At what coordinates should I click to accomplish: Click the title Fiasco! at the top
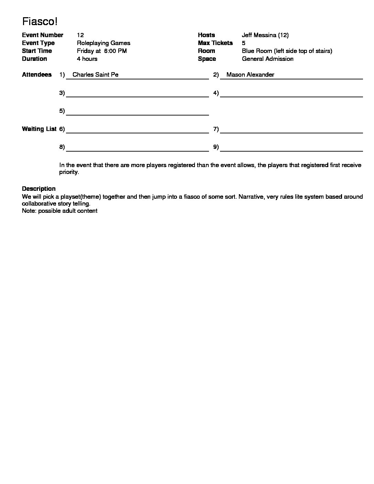(x=40, y=22)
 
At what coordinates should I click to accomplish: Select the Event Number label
(x=42, y=35)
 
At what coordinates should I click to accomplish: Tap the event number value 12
(x=80, y=35)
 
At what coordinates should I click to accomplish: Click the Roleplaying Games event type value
(x=103, y=43)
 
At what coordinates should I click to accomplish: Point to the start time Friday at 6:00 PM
(x=102, y=51)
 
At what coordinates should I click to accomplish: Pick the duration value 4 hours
(x=87, y=59)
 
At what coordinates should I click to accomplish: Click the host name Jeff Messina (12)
(x=265, y=35)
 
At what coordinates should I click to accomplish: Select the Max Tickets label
(x=215, y=43)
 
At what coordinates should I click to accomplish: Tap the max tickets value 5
(x=244, y=43)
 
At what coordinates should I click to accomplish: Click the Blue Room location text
(x=287, y=51)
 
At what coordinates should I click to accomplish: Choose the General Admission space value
(x=267, y=59)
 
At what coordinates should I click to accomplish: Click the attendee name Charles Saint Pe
(x=95, y=75)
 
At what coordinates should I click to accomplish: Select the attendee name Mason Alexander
(x=250, y=75)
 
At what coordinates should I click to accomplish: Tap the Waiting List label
(x=39, y=129)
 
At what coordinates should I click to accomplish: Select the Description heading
(x=38, y=189)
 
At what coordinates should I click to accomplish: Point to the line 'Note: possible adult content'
(x=59, y=211)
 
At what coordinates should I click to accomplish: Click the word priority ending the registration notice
(x=69, y=172)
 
